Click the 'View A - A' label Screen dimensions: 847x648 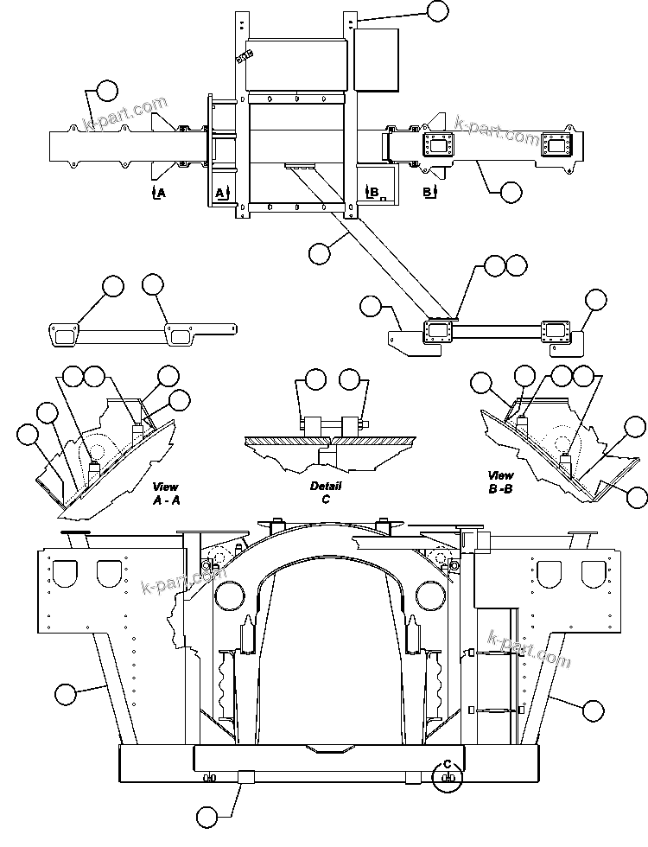click(x=165, y=493)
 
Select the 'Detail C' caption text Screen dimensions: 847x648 click(x=326, y=492)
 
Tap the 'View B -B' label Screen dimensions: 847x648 click(x=500, y=481)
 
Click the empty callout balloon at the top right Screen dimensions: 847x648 click(x=438, y=10)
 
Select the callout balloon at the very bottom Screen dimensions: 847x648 click(x=206, y=815)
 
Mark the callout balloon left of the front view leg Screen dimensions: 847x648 click(x=65, y=692)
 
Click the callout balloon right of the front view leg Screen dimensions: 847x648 click(x=592, y=710)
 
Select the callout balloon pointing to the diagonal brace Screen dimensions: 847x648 click(x=319, y=252)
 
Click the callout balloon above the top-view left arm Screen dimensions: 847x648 click(x=106, y=91)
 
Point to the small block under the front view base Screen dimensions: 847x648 click(x=245, y=776)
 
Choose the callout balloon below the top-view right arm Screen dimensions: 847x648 click(x=511, y=191)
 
